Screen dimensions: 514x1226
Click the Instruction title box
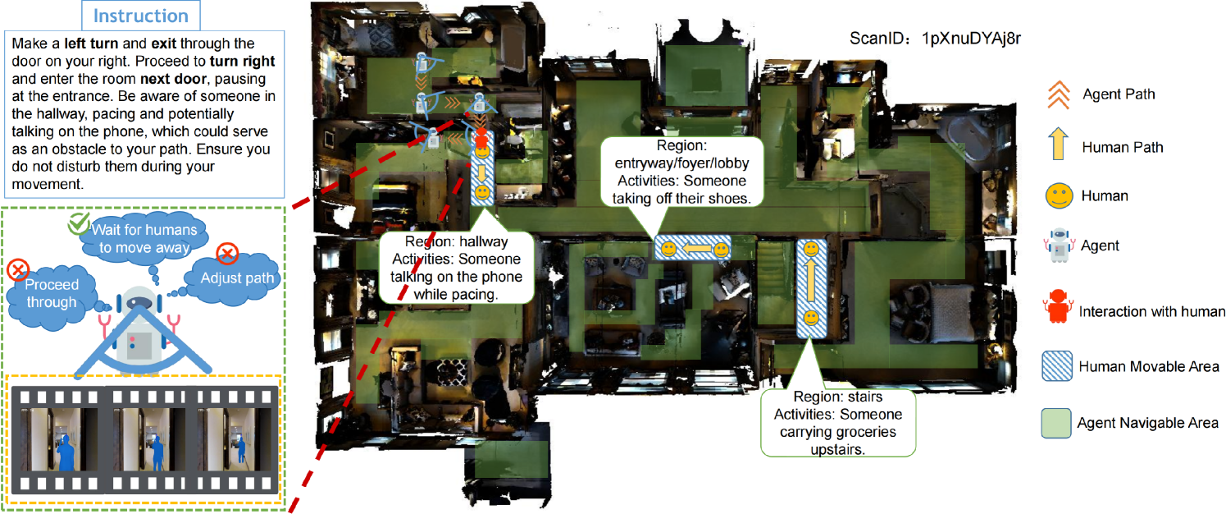142,16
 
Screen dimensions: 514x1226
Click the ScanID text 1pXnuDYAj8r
936,39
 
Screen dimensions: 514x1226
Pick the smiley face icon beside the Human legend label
1058,196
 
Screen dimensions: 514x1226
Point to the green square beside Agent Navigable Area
1057,423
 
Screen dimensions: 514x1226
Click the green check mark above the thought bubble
79,223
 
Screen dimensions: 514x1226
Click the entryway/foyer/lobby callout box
682,171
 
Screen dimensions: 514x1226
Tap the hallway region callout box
457,268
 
